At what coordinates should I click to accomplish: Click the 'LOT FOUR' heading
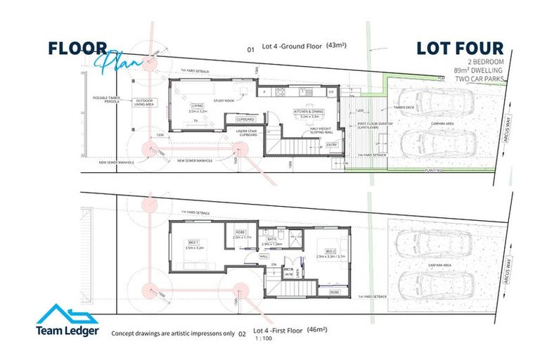click(x=460, y=49)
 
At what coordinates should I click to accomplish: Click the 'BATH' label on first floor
click(x=270, y=240)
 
